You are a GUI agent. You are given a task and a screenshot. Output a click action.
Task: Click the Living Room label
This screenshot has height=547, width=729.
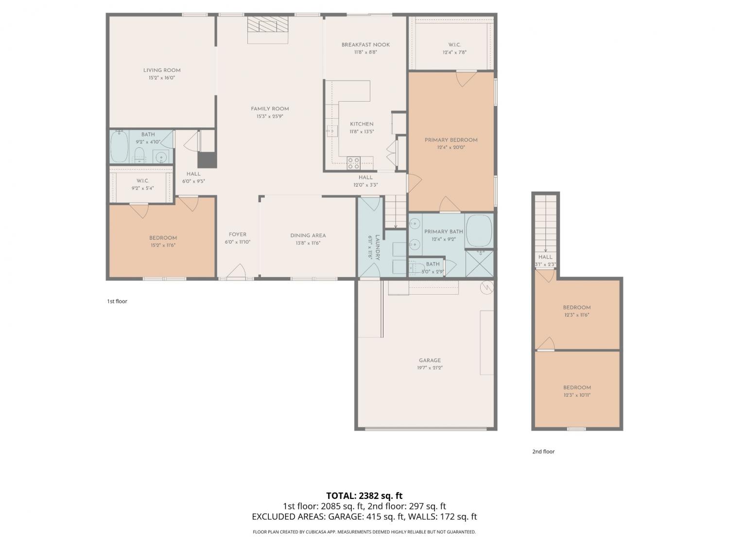[162, 71]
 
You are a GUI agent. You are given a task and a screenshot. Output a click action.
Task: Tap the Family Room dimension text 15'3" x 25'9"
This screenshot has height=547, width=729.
[270, 116]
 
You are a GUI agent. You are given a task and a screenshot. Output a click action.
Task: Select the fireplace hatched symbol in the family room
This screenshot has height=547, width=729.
[268, 25]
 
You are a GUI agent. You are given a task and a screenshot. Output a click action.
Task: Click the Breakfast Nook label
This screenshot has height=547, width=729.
[365, 45]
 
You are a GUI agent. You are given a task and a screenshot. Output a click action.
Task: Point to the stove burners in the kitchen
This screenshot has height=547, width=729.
[353, 163]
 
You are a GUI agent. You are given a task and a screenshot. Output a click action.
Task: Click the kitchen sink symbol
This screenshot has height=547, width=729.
[331, 131]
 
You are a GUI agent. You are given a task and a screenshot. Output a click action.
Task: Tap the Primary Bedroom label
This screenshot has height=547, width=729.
[451, 140]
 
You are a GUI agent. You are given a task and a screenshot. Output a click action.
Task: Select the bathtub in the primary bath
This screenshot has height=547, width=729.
[479, 231]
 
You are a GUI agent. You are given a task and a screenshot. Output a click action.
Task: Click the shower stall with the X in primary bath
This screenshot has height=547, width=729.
[479, 264]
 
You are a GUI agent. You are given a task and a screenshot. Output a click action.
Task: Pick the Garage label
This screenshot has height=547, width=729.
[430, 360]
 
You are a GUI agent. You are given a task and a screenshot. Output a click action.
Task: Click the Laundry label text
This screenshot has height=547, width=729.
[377, 247]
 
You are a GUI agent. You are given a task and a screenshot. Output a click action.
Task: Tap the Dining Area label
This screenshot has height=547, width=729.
[308, 235]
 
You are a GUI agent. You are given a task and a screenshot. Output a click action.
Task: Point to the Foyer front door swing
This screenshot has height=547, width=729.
[237, 270]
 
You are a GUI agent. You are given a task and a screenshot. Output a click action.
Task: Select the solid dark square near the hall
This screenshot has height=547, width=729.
[207, 160]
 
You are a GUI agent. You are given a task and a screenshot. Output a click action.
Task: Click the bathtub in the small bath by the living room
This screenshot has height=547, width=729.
[119, 147]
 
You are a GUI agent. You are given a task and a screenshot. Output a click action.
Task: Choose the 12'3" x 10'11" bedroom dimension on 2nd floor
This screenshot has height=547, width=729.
[577, 395]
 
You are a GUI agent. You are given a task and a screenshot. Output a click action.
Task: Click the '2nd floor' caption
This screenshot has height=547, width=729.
[543, 451]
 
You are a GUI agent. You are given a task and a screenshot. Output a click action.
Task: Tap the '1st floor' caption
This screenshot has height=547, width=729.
[117, 301]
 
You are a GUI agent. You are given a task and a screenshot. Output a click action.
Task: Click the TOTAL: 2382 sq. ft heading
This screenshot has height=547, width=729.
[364, 496]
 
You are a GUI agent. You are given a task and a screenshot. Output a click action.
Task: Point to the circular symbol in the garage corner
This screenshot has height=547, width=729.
[487, 288]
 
